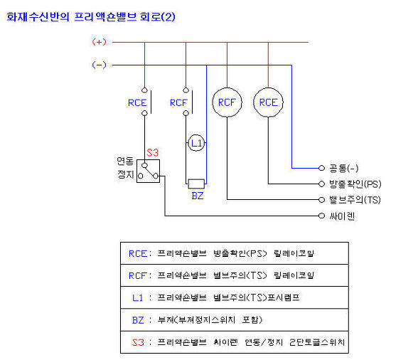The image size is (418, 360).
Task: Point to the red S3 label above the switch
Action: point(152,153)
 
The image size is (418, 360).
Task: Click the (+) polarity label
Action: point(99,42)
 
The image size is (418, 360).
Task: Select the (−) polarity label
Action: point(99,65)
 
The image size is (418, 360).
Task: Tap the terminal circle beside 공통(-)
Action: point(322,168)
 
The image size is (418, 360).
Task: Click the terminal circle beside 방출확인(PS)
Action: point(322,184)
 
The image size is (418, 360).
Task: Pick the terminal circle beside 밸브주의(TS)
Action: point(322,200)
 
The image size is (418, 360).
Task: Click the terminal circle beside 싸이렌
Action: point(322,216)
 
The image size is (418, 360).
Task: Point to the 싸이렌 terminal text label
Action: point(342,216)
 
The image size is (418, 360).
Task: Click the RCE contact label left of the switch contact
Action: point(137,102)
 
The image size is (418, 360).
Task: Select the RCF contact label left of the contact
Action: point(178,102)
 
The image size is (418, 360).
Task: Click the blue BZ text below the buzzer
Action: point(198,196)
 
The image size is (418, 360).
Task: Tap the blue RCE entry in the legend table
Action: point(138,253)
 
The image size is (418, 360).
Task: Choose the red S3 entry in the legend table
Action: point(138,342)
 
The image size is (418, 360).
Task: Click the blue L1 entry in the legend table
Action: point(138,297)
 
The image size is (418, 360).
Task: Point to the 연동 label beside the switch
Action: point(125,161)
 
